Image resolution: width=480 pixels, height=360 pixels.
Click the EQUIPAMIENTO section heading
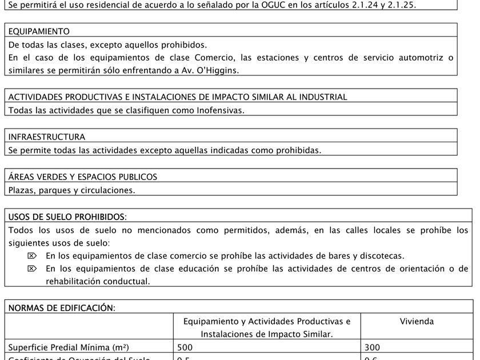click(39, 31)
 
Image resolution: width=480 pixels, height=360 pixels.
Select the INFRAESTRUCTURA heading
click(47, 137)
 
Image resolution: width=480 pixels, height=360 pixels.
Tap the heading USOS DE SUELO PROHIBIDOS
click(67, 217)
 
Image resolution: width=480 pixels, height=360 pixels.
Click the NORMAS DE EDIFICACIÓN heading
click(62, 308)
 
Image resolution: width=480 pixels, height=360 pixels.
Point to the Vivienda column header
click(417, 322)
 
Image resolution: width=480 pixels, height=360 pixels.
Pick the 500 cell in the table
click(185, 347)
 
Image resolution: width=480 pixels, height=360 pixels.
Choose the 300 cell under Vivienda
click(372, 347)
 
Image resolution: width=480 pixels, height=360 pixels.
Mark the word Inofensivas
click(216, 110)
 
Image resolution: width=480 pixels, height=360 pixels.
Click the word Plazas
click(21, 190)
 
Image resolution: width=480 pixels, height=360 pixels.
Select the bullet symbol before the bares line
click(32, 256)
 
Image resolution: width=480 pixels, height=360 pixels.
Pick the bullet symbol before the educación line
click(32, 269)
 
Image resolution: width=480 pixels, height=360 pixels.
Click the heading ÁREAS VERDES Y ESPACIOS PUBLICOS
click(83, 177)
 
